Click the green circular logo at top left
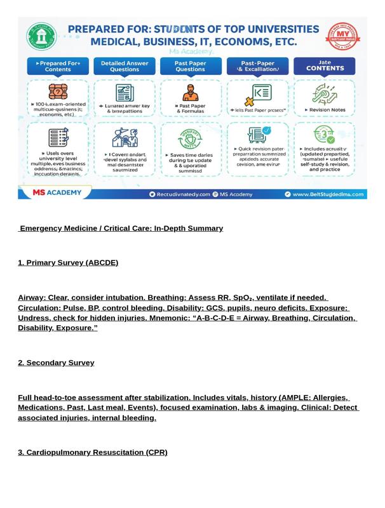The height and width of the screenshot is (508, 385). (41, 36)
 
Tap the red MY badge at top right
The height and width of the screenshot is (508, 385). (342, 36)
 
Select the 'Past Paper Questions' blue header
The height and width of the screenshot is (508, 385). (190, 67)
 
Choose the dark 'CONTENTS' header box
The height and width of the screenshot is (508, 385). (324, 66)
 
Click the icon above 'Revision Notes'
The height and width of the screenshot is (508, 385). (324, 94)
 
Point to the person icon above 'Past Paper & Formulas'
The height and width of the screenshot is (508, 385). (190, 93)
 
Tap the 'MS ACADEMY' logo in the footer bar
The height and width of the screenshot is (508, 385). (55, 193)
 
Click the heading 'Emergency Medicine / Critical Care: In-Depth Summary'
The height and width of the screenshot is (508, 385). (121, 228)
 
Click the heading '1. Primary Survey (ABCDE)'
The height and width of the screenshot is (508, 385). (68, 262)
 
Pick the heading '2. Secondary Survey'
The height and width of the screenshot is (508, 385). (56, 363)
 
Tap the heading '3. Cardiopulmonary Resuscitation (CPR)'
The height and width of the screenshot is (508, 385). (93, 452)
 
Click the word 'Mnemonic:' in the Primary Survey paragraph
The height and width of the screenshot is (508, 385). (171, 317)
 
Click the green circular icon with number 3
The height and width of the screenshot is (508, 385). (324, 135)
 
